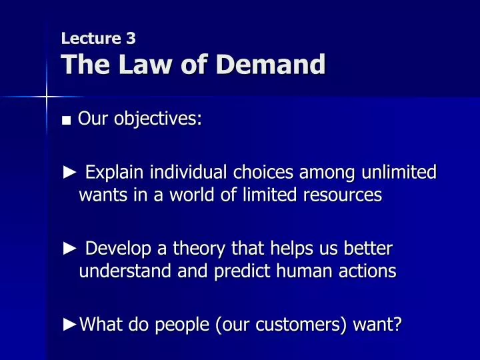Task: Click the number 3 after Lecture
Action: (x=131, y=39)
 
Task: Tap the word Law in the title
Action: (x=145, y=64)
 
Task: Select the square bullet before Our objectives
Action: (x=66, y=120)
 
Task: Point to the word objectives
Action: (x=158, y=119)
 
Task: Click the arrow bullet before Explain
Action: (x=69, y=172)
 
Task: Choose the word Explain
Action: (x=114, y=173)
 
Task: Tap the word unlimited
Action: (x=399, y=172)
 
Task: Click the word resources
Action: (x=343, y=195)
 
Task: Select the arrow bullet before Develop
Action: (x=69, y=248)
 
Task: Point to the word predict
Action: (x=242, y=271)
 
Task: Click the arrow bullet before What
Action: (x=69, y=325)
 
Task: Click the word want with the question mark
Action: (x=377, y=325)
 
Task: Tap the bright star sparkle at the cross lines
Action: (x=47, y=97)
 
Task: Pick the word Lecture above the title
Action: (x=91, y=39)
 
